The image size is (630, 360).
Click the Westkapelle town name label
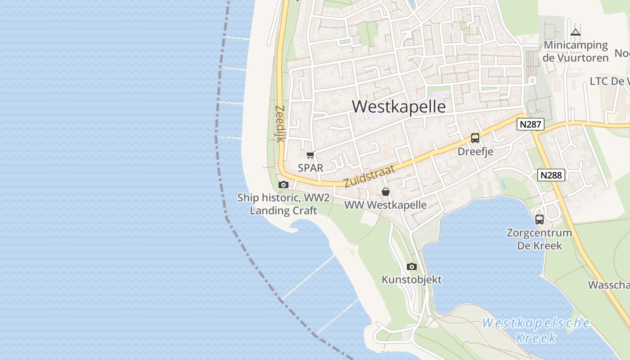click(x=399, y=107)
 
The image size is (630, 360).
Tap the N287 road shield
click(x=531, y=124)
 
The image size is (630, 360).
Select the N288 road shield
click(x=551, y=175)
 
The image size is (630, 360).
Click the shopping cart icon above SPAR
click(x=310, y=155)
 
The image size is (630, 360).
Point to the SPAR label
click(x=310, y=168)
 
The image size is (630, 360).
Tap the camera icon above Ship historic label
click(x=283, y=184)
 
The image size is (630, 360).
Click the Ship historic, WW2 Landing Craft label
click(x=283, y=204)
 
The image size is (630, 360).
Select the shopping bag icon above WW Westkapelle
click(x=386, y=192)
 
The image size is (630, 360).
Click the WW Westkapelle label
click(x=386, y=205)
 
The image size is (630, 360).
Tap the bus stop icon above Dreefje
click(x=475, y=138)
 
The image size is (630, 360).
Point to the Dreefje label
click(x=475, y=152)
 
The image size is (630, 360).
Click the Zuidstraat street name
click(x=369, y=176)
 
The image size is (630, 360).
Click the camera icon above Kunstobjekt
click(x=411, y=266)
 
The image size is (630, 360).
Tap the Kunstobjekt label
click(x=411, y=279)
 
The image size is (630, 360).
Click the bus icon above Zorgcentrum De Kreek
click(x=539, y=220)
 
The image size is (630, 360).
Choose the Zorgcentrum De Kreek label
click(x=539, y=239)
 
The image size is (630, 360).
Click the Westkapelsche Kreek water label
click(x=535, y=330)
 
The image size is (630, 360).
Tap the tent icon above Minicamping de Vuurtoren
click(x=576, y=32)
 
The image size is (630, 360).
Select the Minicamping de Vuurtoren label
click(x=576, y=51)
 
